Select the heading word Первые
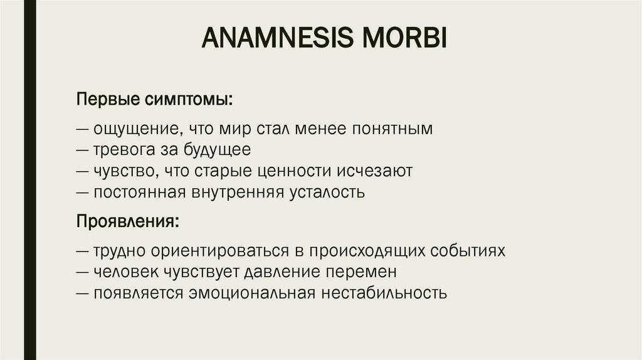tap(107, 100)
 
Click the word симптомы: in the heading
tap(190, 100)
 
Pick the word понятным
tap(392, 130)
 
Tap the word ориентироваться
tap(191, 251)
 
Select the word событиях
tap(468, 251)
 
